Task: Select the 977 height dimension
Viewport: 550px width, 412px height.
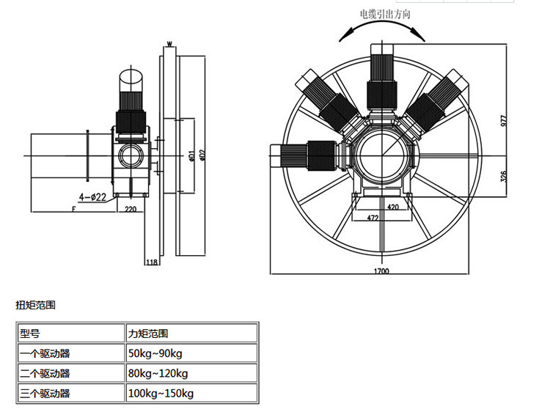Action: (504, 121)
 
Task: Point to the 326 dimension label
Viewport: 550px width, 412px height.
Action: (504, 177)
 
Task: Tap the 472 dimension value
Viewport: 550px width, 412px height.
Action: (372, 218)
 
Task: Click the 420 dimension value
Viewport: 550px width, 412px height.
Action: (392, 207)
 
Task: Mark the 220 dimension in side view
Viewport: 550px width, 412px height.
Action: (131, 209)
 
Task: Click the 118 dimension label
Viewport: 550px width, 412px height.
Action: (153, 262)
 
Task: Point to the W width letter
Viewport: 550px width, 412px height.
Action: (169, 44)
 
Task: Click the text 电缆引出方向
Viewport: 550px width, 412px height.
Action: (385, 14)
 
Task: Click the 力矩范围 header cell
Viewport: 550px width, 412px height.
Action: (147, 334)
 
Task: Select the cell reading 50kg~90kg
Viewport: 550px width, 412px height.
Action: (155, 353)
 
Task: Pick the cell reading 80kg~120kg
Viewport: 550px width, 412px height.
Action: (157, 373)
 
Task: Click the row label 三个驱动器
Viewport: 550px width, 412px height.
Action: (45, 394)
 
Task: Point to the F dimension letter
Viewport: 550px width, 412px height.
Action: (74, 209)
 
